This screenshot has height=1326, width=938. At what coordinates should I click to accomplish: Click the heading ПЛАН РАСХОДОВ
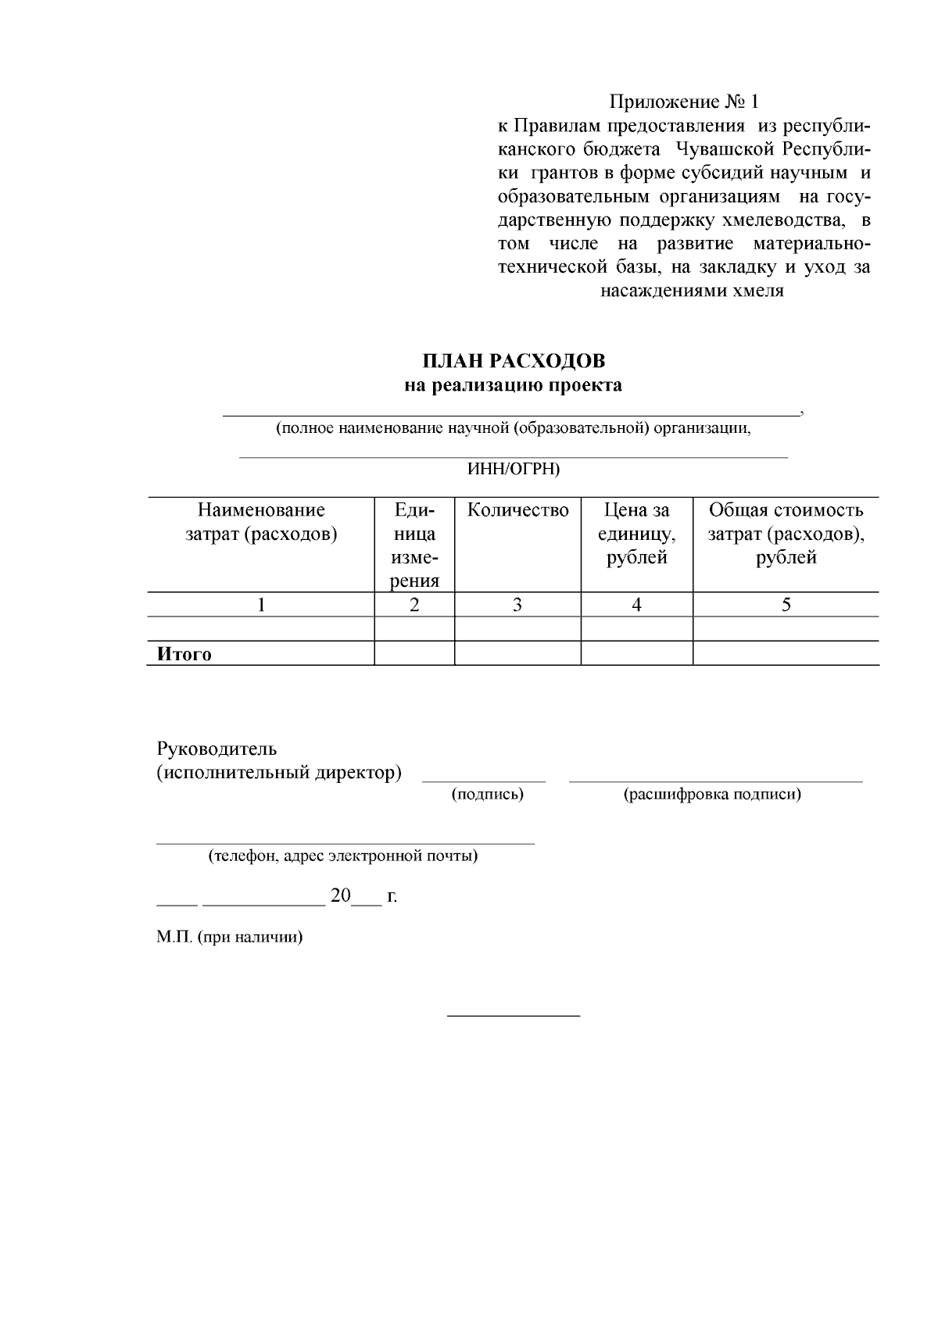click(514, 361)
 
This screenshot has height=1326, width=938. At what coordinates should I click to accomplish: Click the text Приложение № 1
click(684, 102)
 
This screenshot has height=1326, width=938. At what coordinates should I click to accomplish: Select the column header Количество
click(517, 510)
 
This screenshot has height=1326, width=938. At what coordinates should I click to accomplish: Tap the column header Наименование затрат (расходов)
click(261, 523)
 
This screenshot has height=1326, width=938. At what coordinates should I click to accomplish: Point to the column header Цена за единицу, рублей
click(636, 534)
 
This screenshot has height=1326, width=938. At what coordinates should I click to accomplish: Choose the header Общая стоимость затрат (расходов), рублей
click(786, 534)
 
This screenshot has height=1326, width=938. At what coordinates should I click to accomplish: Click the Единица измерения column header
click(414, 545)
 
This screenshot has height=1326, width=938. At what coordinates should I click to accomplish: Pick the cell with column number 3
click(517, 604)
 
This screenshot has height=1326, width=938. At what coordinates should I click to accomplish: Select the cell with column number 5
click(786, 604)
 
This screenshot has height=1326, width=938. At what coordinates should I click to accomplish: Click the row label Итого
click(184, 654)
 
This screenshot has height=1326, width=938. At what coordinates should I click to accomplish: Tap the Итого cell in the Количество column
click(517, 653)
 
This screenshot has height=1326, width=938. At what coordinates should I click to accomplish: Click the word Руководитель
click(217, 749)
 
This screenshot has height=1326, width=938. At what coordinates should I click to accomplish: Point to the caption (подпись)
click(488, 795)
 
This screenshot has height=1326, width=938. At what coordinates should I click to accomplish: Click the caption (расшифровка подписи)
click(712, 795)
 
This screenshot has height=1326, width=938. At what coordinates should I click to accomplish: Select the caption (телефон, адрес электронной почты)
click(342, 856)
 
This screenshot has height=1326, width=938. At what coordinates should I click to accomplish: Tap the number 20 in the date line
click(341, 895)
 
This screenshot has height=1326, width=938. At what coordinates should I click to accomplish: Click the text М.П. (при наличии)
click(229, 937)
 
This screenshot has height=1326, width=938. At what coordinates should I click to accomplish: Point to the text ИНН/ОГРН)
click(513, 469)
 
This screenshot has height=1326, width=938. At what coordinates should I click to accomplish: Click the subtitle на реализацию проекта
click(514, 385)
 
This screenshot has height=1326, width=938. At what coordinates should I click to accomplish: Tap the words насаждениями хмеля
click(692, 291)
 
